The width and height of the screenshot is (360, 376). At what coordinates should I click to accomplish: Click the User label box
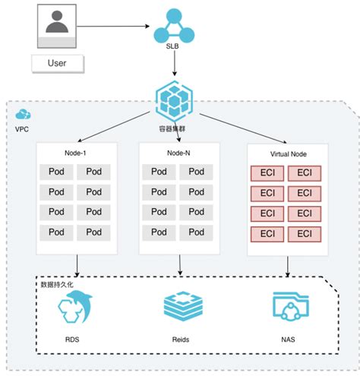(x=58, y=63)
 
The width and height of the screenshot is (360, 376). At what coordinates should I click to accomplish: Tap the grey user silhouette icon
(x=57, y=22)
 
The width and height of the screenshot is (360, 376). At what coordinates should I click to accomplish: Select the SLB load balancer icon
(x=174, y=26)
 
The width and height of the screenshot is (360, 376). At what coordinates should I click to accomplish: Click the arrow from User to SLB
(x=113, y=26)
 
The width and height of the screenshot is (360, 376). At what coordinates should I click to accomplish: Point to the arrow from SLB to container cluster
(x=175, y=63)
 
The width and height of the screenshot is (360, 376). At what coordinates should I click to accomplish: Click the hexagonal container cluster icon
(x=174, y=101)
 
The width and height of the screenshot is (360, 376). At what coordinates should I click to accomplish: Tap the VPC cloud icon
(x=23, y=114)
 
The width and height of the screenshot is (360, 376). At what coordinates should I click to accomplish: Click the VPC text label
(x=22, y=129)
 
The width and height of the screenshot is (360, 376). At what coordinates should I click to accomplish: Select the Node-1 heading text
(x=75, y=153)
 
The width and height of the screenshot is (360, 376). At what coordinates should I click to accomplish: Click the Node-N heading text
(x=178, y=153)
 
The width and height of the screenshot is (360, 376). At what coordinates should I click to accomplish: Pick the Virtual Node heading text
(x=289, y=154)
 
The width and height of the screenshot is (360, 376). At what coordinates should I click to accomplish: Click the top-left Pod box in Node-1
(x=56, y=172)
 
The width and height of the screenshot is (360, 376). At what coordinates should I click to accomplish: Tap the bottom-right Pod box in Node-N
(x=196, y=232)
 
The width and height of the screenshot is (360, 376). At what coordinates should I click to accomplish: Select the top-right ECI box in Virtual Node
(x=305, y=173)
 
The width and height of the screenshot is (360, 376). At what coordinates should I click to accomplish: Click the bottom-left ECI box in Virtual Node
(x=267, y=234)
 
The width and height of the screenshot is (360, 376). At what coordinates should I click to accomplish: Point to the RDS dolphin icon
(x=75, y=307)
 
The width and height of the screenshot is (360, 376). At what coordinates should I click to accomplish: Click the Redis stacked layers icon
(x=183, y=306)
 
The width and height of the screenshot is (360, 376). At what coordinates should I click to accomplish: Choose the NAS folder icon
(x=291, y=306)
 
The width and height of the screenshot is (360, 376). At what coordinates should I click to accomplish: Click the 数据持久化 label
(x=57, y=285)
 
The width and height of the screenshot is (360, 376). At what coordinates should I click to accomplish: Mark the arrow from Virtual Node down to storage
(x=288, y=267)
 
